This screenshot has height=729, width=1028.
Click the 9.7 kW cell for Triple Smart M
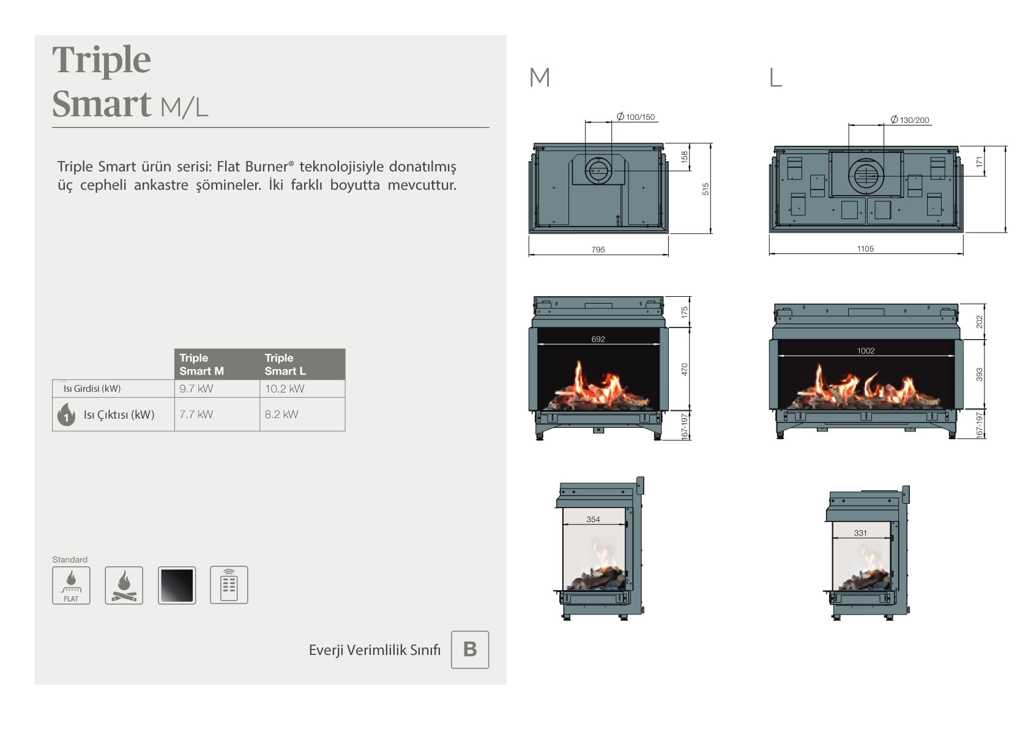pyautogui.click(x=217, y=389)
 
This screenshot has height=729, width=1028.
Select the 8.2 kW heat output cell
pyautogui.click(x=302, y=414)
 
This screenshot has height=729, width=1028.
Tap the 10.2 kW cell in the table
pyautogui.click(x=302, y=389)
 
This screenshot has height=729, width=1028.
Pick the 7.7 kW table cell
pyautogui.click(x=217, y=414)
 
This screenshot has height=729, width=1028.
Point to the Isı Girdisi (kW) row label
pyautogui.click(x=92, y=389)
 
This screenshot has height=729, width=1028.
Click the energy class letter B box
pyautogui.click(x=470, y=649)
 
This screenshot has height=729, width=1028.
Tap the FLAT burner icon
pyautogui.click(x=71, y=585)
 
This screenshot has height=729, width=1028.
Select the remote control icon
pyautogui.click(x=229, y=585)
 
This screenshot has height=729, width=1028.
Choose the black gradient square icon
pyautogui.click(x=177, y=585)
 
